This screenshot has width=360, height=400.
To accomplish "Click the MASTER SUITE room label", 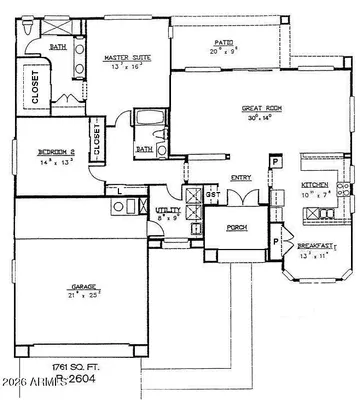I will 126,58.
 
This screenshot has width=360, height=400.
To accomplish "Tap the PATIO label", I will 225,42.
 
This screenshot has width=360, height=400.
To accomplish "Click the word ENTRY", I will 241,178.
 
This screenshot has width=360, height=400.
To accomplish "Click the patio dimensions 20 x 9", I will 224,51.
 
